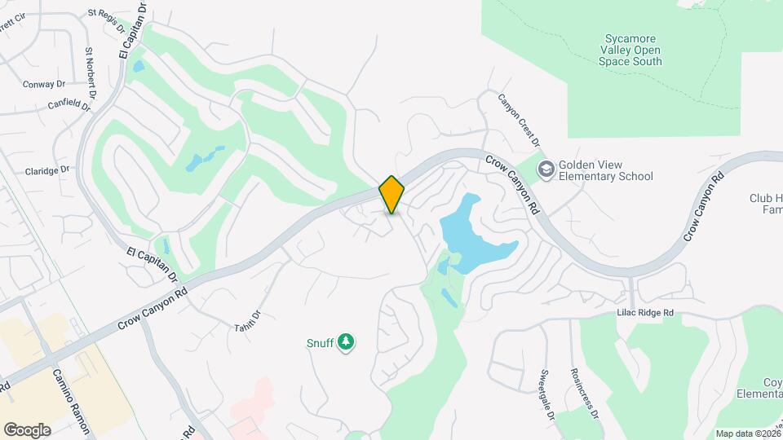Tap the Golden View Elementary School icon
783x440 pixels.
545,169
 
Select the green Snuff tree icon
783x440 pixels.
347,342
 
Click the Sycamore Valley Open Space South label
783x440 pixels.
630,50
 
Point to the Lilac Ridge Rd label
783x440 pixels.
645,313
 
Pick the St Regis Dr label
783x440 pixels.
105,19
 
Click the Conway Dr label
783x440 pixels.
43,84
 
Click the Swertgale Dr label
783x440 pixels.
546,394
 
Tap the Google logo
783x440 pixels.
27,429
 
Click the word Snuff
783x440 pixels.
320,343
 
